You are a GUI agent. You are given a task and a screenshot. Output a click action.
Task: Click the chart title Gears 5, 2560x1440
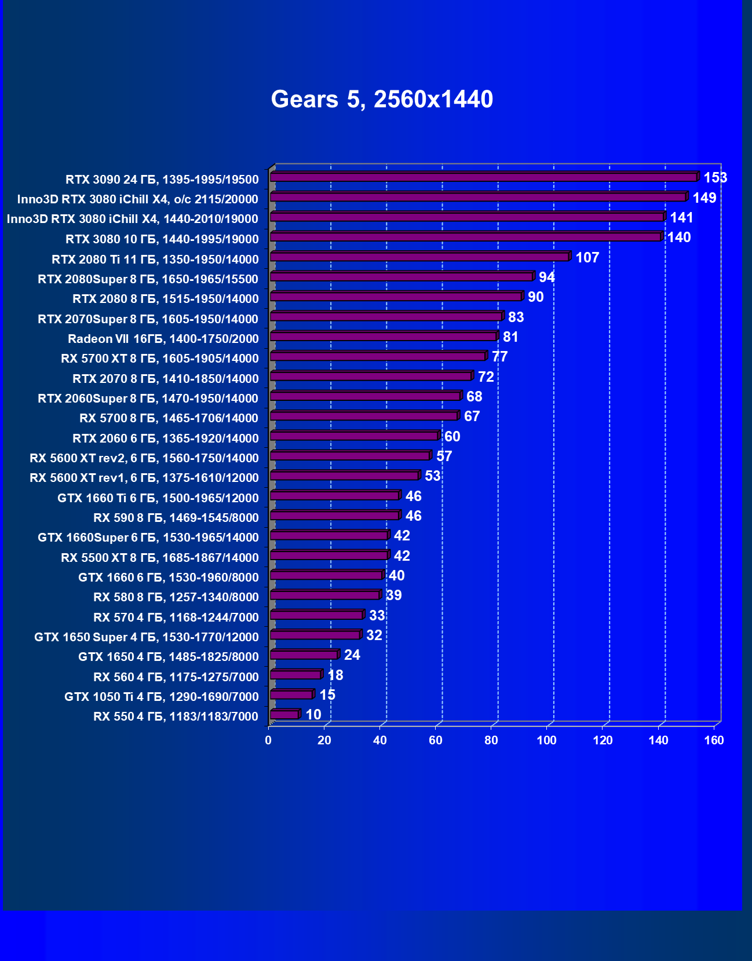tap(382, 99)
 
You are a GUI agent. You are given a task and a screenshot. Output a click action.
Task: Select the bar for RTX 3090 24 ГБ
tap(484, 177)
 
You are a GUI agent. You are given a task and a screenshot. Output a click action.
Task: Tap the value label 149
tap(704, 198)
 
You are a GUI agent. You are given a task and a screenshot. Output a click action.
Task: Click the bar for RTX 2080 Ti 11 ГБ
tap(420, 257)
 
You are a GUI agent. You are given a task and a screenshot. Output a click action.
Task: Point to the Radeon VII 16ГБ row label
tap(163, 339)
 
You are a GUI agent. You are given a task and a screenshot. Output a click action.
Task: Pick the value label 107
tap(587, 258)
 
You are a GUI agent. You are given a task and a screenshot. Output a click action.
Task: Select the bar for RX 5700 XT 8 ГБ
tap(378, 356)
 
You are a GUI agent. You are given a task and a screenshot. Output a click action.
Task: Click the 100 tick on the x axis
tap(546, 740)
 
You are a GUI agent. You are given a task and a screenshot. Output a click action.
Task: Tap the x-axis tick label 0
tap(268, 740)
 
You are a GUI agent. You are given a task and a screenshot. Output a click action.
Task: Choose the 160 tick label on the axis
tap(714, 740)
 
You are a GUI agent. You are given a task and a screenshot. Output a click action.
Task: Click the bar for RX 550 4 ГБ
tap(284, 714)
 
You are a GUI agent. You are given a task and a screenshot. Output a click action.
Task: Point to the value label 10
tap(313, 715)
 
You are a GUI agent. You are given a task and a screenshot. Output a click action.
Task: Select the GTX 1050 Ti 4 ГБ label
tap(161, 697)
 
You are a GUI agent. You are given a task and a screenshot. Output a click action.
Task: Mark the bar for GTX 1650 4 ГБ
tap(304, 655)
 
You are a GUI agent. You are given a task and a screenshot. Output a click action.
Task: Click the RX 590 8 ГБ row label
tap(176, 518)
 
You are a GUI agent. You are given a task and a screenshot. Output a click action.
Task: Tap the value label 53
tap(433, 476)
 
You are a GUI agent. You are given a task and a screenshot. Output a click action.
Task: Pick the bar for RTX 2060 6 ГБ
tap(354, 436)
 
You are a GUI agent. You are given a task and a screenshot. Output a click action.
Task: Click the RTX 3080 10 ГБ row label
tap(162, 239)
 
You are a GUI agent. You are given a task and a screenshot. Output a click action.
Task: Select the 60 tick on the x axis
tap(435, 740)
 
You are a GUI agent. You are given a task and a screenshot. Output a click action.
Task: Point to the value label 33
tap(377, 615)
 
